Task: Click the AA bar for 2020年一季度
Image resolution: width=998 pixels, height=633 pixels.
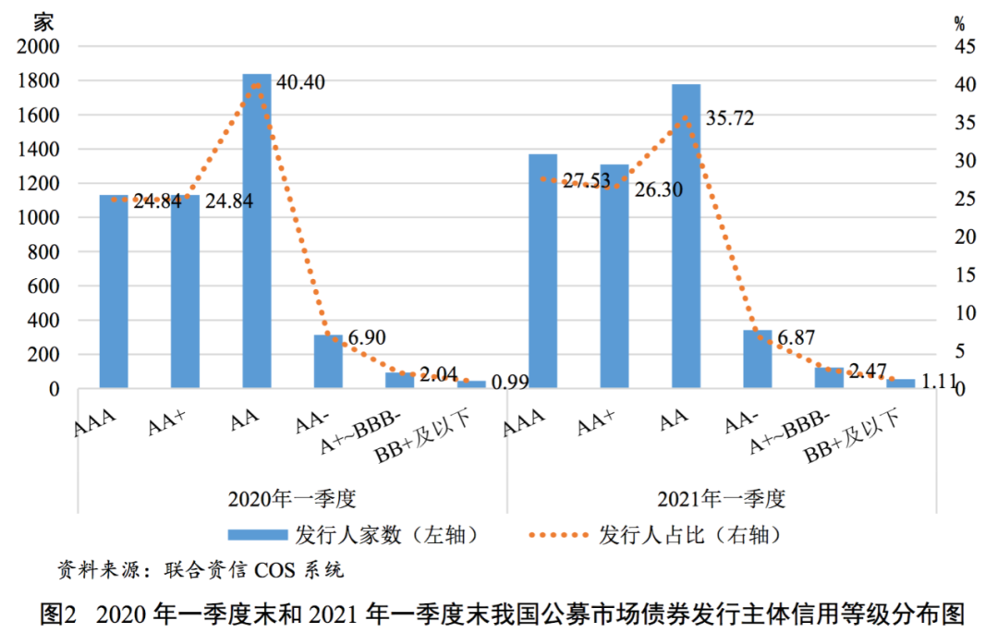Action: tap(257, 231)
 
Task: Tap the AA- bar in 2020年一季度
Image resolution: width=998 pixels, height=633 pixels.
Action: tap(328, 361)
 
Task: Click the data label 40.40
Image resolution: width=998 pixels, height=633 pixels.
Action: tap(300, 83)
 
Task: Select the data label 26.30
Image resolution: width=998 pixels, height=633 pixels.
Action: tap(659, 189)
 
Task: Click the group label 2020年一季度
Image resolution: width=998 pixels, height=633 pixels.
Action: tap(292, 500)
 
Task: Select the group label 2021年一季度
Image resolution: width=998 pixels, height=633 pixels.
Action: tap(721, 500)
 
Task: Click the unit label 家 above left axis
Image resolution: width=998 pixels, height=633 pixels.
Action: tap(44, 20)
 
